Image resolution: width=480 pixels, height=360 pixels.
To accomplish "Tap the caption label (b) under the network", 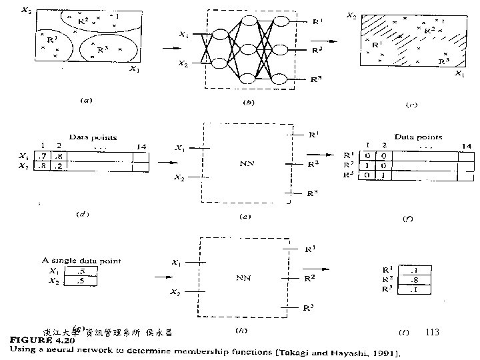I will [x=248, y=103].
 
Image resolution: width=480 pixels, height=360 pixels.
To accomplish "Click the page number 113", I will [x=432, y=332].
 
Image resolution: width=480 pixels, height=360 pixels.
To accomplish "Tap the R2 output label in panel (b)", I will [x=318, y=50].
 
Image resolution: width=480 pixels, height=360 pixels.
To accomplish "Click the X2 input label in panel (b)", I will [x=182, y=64].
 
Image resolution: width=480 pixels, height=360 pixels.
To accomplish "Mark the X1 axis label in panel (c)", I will [x=458, y=75].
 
